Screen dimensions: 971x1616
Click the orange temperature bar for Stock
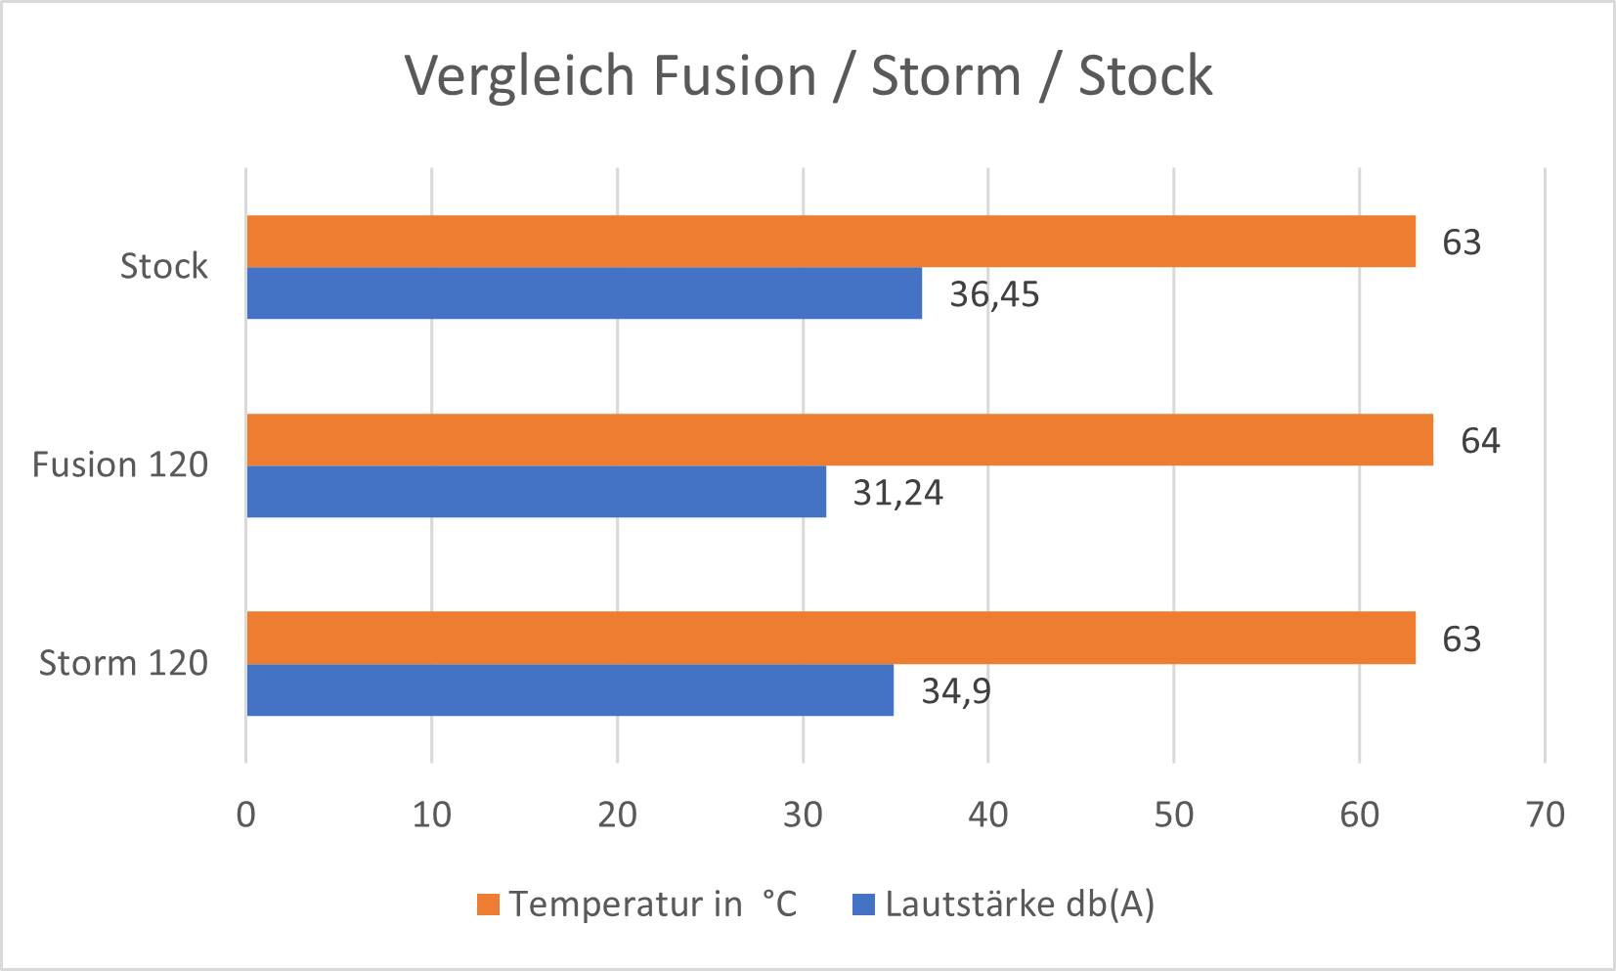831,241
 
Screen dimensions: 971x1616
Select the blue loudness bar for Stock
584,293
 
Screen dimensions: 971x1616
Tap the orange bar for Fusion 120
839,439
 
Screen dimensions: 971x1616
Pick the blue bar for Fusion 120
536,492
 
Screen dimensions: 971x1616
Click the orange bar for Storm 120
831,638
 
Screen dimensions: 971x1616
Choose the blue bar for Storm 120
570,690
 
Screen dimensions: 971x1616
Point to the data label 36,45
993,294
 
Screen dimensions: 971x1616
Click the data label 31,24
897,493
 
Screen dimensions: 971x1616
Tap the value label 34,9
955,691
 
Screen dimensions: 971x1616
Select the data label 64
1479,441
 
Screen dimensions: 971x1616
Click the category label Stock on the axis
163,266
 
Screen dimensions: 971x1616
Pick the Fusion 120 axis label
120,464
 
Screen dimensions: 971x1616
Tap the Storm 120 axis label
123,663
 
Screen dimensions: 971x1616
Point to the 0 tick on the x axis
246,815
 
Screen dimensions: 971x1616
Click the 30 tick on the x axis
803,815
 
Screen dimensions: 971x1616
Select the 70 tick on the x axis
1545,815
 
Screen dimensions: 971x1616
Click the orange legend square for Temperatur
488,905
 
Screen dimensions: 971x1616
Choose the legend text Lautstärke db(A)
1020,905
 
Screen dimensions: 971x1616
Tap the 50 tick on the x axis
1173,815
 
